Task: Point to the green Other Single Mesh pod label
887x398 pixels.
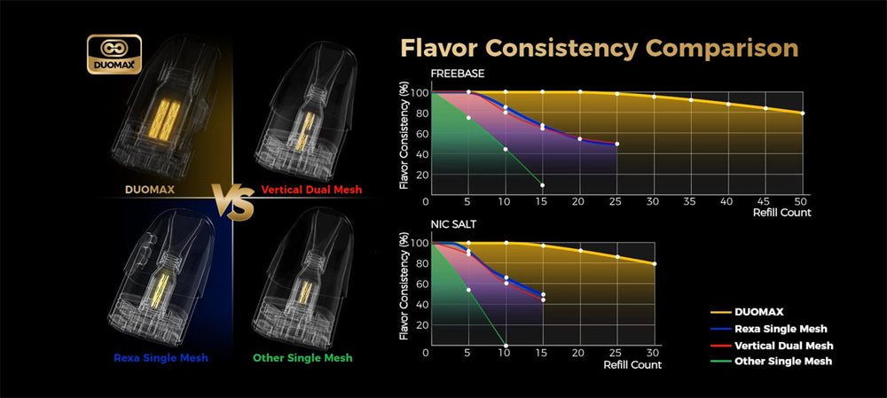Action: coord(302,357)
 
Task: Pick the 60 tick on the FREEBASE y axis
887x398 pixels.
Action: coord(420,134)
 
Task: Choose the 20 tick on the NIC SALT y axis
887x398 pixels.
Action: coord(420,325)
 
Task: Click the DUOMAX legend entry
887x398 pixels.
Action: coord(758,312)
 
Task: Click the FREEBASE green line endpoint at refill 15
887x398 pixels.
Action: coord(542,184)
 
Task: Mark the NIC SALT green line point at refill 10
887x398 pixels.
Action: coord(506,346)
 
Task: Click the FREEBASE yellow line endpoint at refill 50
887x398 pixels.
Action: coord(803,113)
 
